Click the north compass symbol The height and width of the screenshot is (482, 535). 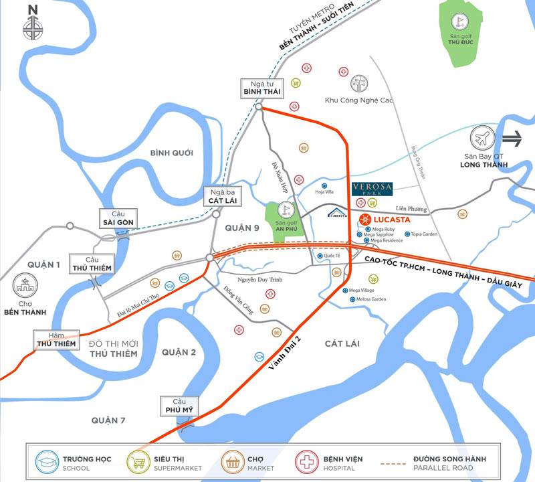pos(31,27)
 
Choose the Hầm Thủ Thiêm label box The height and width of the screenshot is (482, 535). pos(58,339)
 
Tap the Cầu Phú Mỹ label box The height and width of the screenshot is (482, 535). pos(177,404)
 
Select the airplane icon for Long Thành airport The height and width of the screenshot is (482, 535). pos(481,139)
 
